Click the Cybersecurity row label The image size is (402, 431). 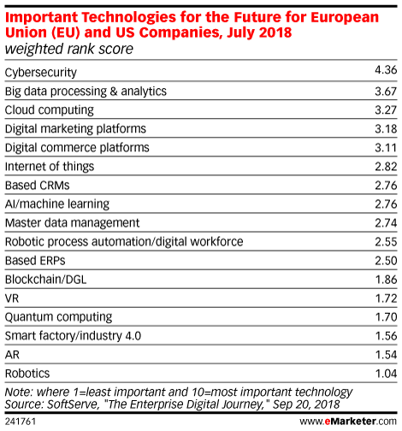(x=41, y=73)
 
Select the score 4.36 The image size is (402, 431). (x=386, y=70)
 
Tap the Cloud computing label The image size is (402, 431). (x=50, y=110)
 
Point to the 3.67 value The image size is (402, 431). (x=386, y=92)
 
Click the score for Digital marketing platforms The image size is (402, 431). (x=386, y=129)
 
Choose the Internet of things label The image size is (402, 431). (x=50, y=166)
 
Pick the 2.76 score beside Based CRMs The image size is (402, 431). (x=386, y=186)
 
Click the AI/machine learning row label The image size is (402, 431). (x=57, y=204)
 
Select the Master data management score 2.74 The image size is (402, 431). (x=386, y=222)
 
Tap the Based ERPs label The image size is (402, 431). (x=35, y=261)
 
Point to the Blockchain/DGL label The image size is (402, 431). (x=45, y=280)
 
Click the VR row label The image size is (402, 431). (x=12, y=298)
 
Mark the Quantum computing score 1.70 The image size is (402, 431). (x=386, y=317)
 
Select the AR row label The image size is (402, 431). (x=12, y=355)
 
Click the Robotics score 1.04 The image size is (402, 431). (x=386, y=374)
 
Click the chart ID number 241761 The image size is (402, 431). (x=21, y=422)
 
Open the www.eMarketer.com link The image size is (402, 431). (x=348, y=422)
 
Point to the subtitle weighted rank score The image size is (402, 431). (x=69, y=49)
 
